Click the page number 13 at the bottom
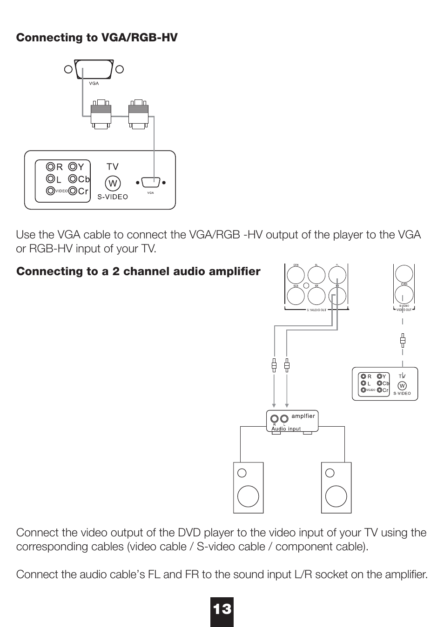222,609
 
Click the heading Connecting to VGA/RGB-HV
97,37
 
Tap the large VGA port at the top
94,70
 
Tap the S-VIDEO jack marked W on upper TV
113,183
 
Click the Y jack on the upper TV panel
73,166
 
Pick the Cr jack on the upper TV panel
73,191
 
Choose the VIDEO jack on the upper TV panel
50,191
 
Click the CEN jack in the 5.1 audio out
296,274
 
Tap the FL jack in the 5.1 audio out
337,274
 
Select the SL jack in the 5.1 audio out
316,274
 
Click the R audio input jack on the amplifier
275,418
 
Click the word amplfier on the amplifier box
303,416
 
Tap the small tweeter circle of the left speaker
242,473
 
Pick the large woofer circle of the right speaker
336,495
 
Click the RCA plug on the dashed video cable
403,341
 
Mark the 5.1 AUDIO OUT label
316,310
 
